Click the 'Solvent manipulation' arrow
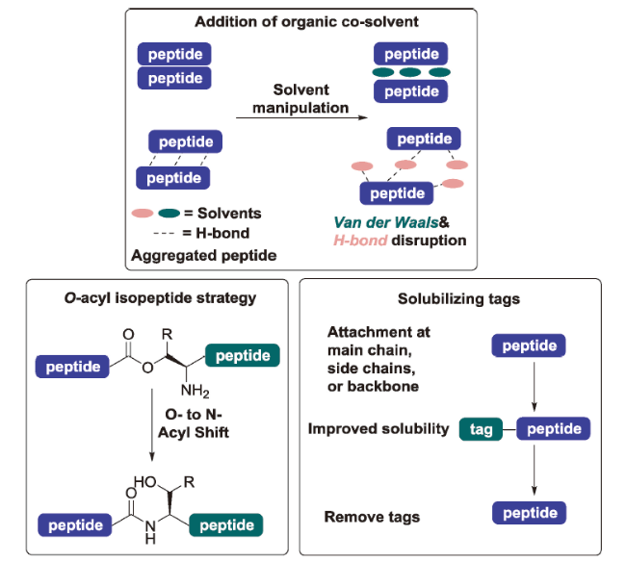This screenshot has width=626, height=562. coord(300,119)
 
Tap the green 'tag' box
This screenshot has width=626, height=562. coord(482,428)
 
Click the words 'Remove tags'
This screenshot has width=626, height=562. coord(372,517)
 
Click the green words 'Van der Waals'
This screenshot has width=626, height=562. coord(366,221)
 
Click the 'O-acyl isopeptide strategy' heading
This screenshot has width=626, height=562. coord(153,299)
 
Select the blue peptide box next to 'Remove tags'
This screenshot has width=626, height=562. coord(530,512)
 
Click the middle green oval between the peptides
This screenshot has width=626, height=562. coord(412,73)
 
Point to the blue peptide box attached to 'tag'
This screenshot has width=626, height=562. coord(554,428)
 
